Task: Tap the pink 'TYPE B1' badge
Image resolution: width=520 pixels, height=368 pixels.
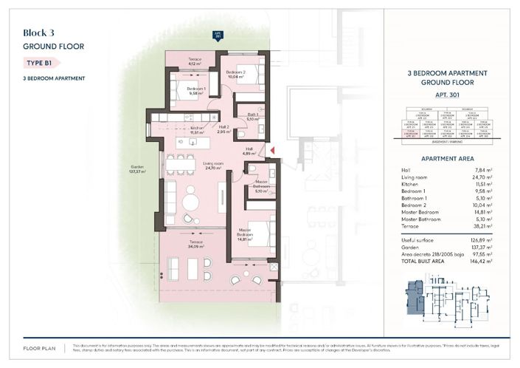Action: pyautogui.click(x=38, y=63)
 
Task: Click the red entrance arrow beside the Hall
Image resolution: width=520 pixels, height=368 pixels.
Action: pyautogui.click(x=272, y=151)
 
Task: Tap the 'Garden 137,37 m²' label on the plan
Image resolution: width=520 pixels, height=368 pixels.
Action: pyautogui.click(x=136, y=169)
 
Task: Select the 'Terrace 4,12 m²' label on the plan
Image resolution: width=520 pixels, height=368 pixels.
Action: pyautogui.click(x=195, y=61)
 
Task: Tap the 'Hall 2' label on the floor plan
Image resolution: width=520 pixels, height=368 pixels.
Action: pyautogui.click(x=223, y=129)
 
